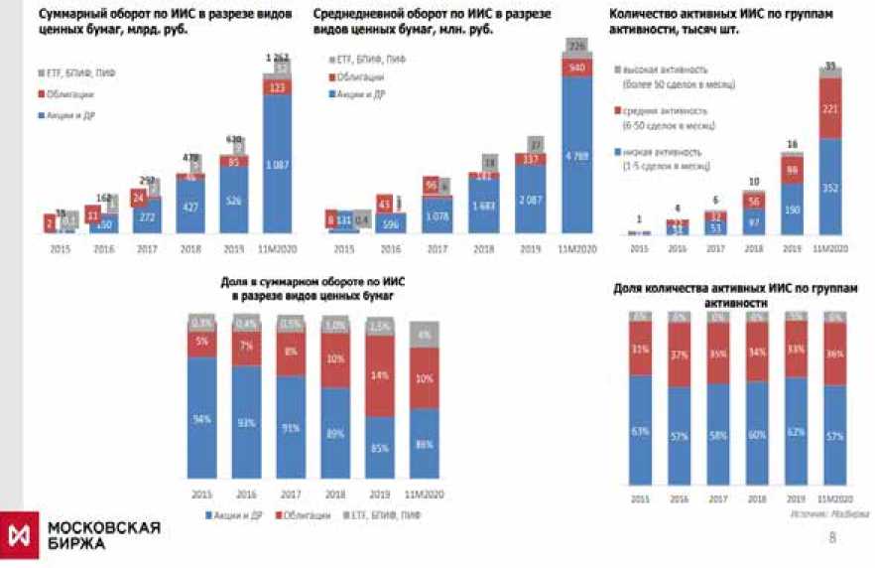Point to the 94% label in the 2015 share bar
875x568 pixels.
pos(202,420)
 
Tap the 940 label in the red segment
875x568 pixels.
pos(574,68)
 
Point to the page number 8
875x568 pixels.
pos(831,537)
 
